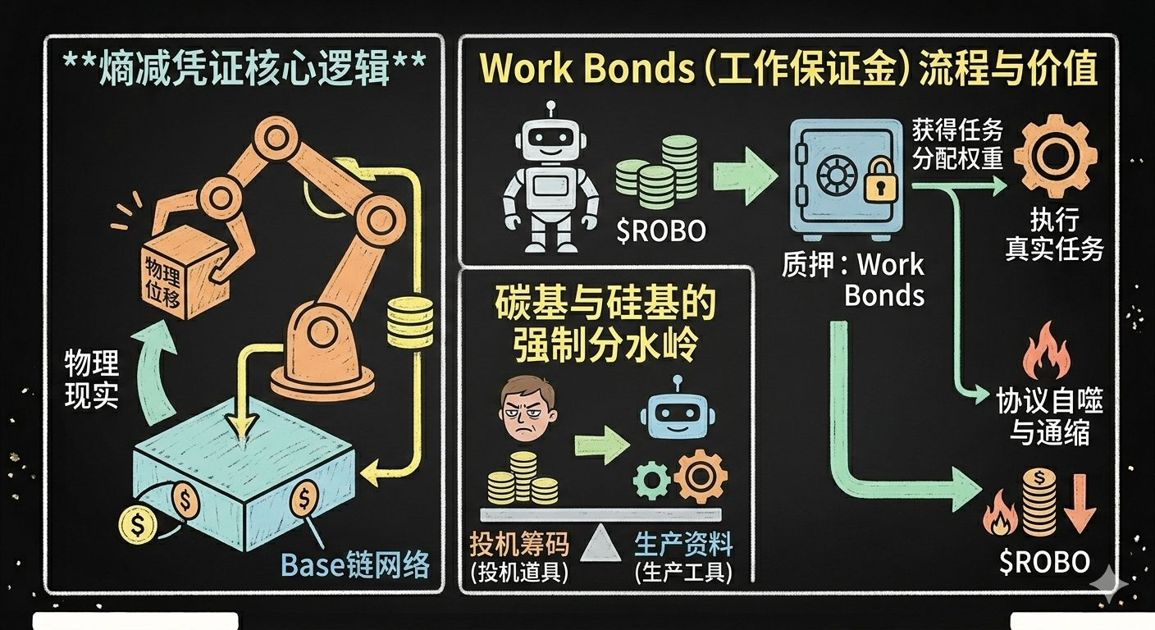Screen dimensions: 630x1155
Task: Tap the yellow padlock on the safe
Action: click(x=880, y=181)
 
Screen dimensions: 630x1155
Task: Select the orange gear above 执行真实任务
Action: click(x=1055, y=153)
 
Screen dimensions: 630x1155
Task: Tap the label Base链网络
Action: click(x=354, y=564)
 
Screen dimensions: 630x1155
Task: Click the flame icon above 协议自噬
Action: click(x=1047, y=354)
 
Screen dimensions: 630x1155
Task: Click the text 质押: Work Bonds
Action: click(x=853, y=279)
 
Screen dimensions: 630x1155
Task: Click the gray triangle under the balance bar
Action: click(x=601, y=542)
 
